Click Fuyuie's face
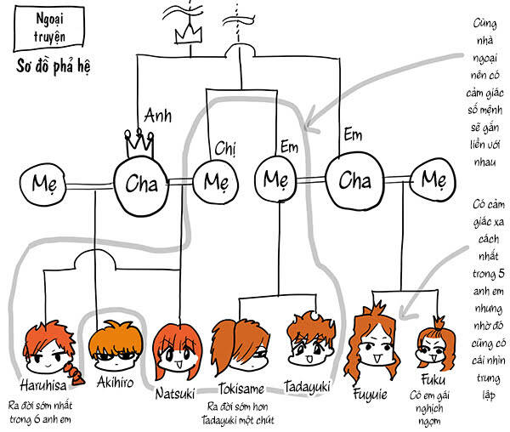pyautogui.click(x=378, y=342)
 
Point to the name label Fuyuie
pyautogui.click(x=374, y=393)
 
